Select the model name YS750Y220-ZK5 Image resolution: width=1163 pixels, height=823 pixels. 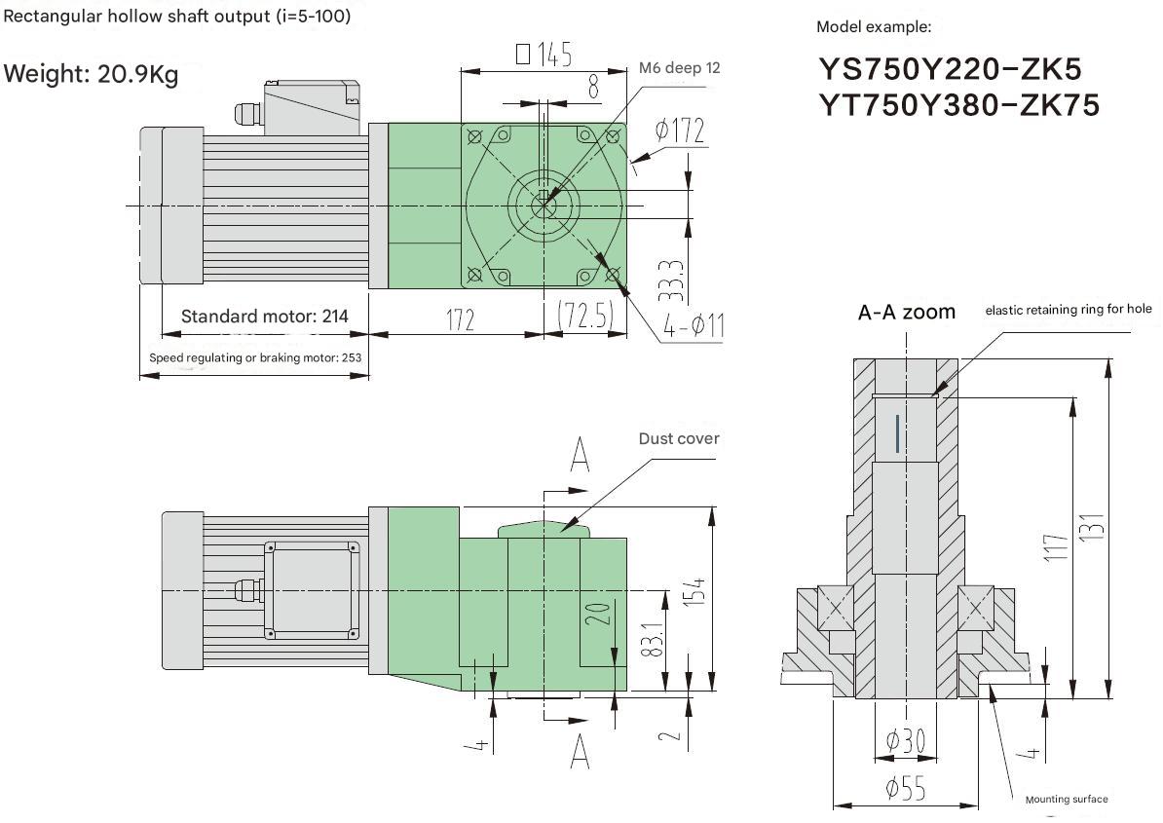click(949, 69)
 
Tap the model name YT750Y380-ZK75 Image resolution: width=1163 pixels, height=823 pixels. click(958, 104)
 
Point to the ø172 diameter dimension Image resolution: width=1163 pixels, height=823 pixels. click(680, 131)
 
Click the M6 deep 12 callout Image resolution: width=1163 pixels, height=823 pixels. click(680, 68)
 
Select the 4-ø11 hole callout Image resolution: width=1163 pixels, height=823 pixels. click(694, 326)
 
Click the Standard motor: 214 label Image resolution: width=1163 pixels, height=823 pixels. click(264, 317)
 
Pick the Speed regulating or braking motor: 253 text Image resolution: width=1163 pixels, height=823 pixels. click(255, 357)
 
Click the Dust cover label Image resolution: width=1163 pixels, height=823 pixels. click(679, 438)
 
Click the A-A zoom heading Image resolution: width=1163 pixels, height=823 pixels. click(906, 313)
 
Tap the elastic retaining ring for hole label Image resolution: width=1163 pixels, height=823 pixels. click(1069, 310)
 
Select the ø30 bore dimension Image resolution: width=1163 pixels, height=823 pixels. click(905, 742)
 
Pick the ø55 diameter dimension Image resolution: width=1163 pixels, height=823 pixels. click(905, 789)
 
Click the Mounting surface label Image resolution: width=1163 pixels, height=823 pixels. click(1066, 800)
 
